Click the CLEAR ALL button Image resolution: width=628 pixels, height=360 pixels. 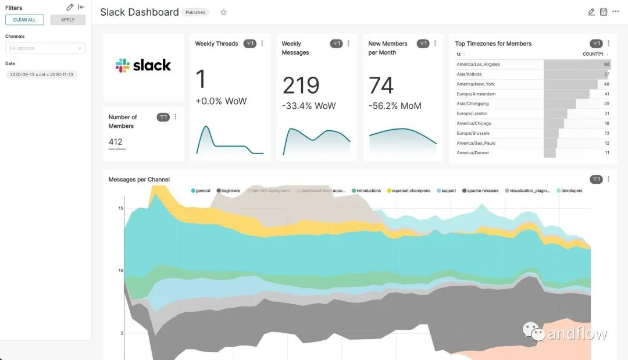(x=24, y=20)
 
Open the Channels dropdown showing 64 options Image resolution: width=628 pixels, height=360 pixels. (x=45, y=48)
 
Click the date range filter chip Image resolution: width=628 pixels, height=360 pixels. (x=41, y=75)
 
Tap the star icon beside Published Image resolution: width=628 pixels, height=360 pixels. (x=224, y=12)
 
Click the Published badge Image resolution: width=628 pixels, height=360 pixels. (x=195, y=12)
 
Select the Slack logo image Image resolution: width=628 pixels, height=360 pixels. (x=143, y=65)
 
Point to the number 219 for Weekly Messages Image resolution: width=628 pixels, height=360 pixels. (x=301, y=85)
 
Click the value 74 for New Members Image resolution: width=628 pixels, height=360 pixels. (x=381, y=85)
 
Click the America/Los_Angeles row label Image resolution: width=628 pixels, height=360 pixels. (x=478, y=65)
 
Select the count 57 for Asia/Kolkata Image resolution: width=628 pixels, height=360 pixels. (x=606, y=74)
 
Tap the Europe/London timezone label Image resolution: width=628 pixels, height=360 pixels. (x=472, y=113)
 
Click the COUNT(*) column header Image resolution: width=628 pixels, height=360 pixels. (x=593, y=54)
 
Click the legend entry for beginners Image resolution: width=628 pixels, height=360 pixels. (x=230, y=191)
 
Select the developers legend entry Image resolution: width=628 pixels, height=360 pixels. (x=571, y=191)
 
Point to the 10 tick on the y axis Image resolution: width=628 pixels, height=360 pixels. (x=120, y=270)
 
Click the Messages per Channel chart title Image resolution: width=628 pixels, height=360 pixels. (x=139, y=180)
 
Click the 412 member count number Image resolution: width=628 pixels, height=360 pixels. (x=115, y=141)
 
